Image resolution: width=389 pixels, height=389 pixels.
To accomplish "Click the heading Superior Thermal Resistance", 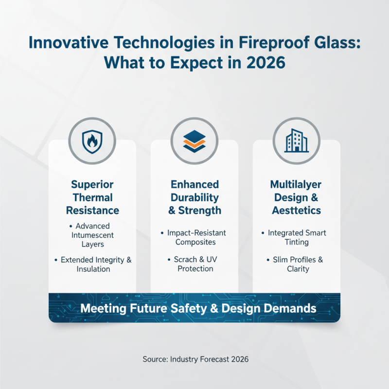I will tap(92, 197).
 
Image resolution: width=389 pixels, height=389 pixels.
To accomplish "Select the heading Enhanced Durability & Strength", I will tap(194, 197).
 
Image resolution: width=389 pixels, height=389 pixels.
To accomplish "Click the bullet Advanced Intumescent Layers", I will tap(93, 235).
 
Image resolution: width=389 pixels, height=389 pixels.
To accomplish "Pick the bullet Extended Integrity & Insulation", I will tap(93, 265).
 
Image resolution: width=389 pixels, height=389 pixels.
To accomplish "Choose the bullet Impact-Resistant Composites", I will tap(194, 237).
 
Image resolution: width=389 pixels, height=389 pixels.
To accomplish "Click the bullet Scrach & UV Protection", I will tap(194, 264).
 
